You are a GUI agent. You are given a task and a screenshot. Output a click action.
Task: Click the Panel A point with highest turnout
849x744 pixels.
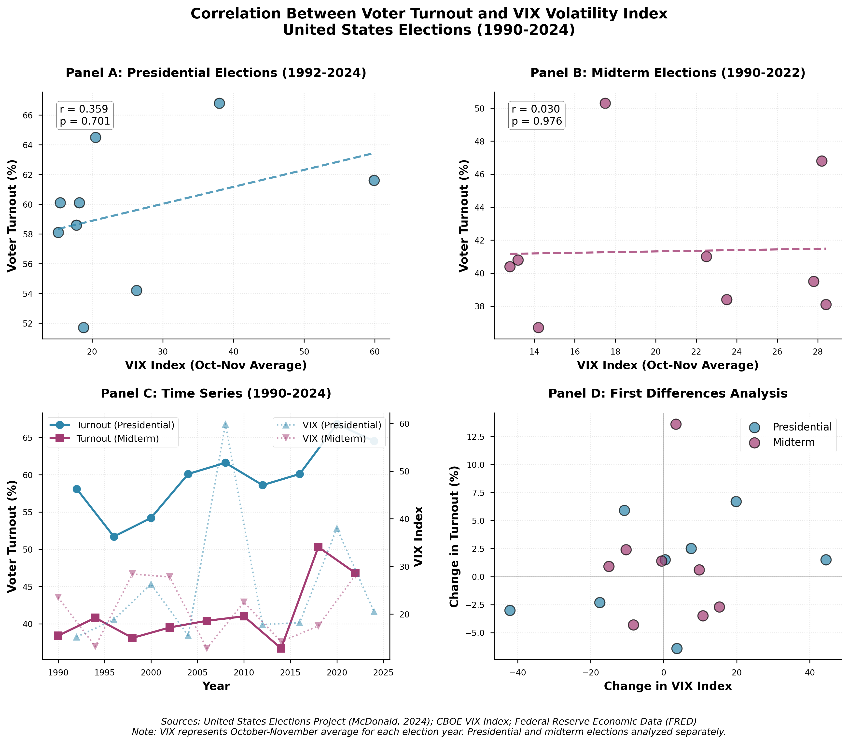point(220,103)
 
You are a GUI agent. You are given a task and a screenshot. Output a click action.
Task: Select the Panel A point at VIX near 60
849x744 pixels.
point(374,180)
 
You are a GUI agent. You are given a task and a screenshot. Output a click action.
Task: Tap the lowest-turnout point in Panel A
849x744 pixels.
point(84,328)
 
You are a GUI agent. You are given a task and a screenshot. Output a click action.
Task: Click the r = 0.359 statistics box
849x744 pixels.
point(85,115)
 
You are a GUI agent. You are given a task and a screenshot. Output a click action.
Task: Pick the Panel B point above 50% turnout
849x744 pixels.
point(605,103)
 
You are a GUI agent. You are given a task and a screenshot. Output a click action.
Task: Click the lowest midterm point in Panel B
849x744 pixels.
point(538,328)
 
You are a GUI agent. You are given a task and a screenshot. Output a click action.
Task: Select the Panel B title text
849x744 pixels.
point(668,73)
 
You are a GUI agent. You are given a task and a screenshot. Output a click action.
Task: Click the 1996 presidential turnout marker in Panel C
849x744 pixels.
point(114,536)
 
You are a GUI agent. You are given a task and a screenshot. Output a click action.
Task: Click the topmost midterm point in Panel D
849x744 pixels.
point(676,424)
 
